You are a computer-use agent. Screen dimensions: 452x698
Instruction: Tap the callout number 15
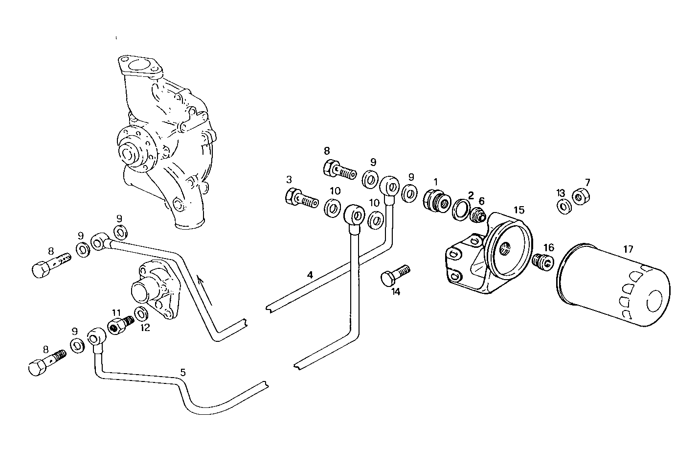tap(519, 210)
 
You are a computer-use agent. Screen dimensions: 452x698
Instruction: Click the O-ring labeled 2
tap(460, 209)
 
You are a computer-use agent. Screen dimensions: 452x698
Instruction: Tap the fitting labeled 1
tap(436, 201)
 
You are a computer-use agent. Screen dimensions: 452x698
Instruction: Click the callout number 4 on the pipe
tap(310, 275)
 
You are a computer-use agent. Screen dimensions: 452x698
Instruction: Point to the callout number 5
tap(182, 372)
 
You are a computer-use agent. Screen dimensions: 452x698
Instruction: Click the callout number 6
tap(482, 201)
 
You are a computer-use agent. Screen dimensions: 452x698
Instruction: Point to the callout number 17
tap(628, 249)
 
